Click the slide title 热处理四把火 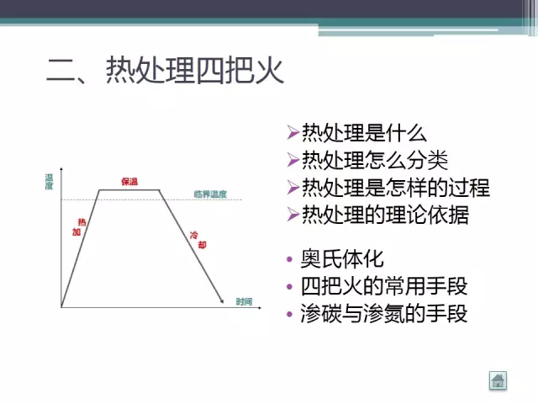(x=165, y=71)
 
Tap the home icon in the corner (x=498, y=380)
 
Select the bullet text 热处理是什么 (x=364, y=133)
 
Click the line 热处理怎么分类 (x=375, y=160)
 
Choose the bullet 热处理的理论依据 (x=385, y=214)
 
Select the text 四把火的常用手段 (x=383, y=285)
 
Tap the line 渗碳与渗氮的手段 (x=383, y=313)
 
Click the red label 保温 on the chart (x=129, y=181)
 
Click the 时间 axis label (x=244, y=301)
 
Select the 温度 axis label (x=50, y=181)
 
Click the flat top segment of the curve (x=130, y=190)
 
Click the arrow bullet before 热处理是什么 (x=292, y=133)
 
